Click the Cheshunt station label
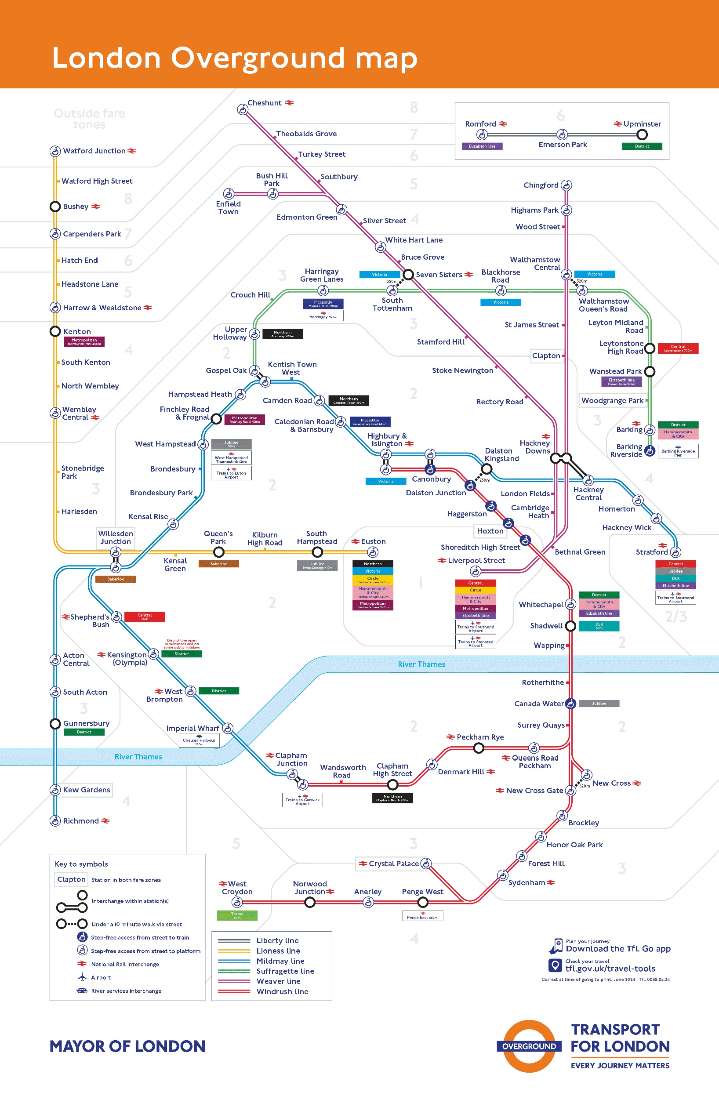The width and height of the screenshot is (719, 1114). click(264, 103)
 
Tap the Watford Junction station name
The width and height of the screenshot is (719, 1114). click(94, 151)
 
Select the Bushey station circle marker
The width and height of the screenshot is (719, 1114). click(55, 206)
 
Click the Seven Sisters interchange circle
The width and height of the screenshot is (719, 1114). click(408, 274)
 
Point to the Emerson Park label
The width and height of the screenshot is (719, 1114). click(563, 145)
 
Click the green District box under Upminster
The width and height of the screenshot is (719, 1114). click(642, 146)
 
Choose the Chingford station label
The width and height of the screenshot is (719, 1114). click(541, 185)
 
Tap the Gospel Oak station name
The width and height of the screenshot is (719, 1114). click(226, 370)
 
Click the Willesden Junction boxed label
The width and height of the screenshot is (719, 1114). click(115, 537)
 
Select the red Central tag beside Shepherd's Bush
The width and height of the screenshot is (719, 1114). click(144, 617)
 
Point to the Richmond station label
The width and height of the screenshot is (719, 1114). click(81, 821)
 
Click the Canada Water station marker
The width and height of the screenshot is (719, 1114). click(570, 703)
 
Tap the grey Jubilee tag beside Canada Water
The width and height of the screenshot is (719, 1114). click(599, 703)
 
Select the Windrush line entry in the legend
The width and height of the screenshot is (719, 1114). click(282, 991)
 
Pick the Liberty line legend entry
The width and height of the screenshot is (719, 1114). click(277, 940)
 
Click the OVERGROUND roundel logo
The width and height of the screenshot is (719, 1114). click(529, 1046)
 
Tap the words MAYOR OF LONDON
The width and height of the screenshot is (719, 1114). click(127, 1046)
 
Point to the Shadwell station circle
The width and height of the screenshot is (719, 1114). click(570, 626)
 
